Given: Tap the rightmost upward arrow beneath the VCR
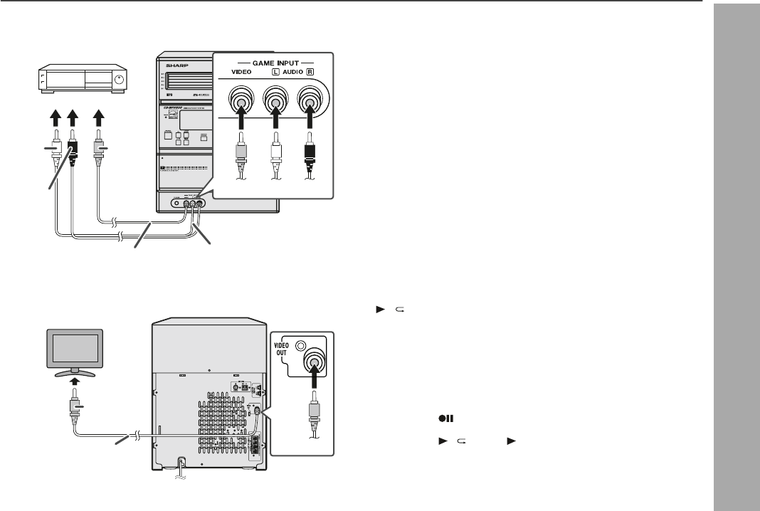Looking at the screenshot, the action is [99, 112].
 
